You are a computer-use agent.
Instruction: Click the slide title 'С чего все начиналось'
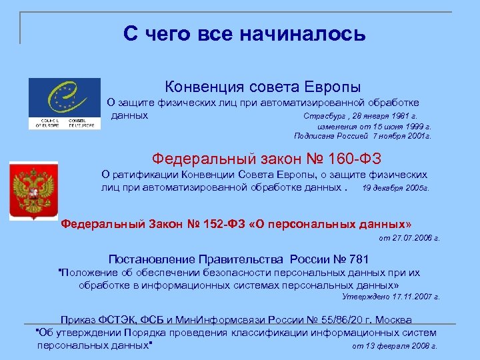pos(244,33)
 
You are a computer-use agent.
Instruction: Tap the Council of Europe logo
pos(64,103)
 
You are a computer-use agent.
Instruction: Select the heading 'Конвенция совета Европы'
pos(263,87)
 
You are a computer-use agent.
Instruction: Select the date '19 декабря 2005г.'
pos(395,188)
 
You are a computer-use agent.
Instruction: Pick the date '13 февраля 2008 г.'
pos(403,347)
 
